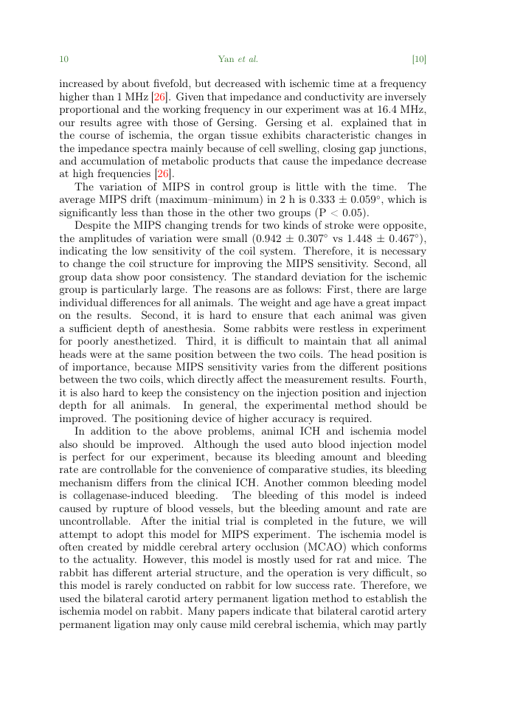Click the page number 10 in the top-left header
63,59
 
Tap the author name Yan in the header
226,59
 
